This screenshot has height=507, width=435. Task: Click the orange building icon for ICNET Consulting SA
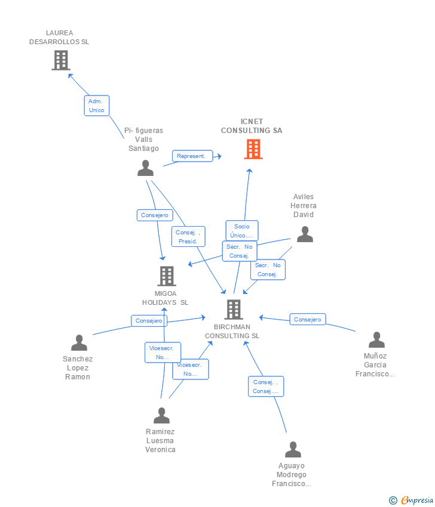tap(253, 149)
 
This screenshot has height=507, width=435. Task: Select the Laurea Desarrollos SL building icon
tap(60, 60)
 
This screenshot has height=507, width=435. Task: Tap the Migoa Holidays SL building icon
tap(167, 276)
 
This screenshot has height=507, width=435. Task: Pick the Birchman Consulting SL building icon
tap(234, 310)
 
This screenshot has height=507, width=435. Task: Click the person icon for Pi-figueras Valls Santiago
tap(145, 168)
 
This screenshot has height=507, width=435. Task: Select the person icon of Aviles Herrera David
tap(305, 234)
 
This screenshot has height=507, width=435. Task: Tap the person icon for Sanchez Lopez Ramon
tap(79, 343)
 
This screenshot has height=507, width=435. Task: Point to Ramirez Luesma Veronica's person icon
tap(161, 416)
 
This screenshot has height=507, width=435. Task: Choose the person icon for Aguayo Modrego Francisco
tap(293, 450)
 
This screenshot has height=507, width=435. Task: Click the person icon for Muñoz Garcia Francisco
tap(376, 340)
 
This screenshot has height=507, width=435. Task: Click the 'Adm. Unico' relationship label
tap(96, 106)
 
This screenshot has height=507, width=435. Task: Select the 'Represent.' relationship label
tap(192, 156)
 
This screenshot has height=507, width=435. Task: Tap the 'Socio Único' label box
tap(242, 230)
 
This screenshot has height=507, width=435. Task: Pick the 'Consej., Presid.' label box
tap(188, 237)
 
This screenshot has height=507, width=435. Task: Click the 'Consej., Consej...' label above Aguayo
tap(266, 387)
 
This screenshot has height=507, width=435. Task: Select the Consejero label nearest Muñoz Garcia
tap(308, 320)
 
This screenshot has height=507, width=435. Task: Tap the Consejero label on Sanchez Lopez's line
tap(149, 321)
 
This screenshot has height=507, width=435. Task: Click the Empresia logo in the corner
tap(417, 500)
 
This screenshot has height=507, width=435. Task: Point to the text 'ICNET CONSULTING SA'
tap(252, 126)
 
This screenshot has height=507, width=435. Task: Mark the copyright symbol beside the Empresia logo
tap(393, 500)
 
